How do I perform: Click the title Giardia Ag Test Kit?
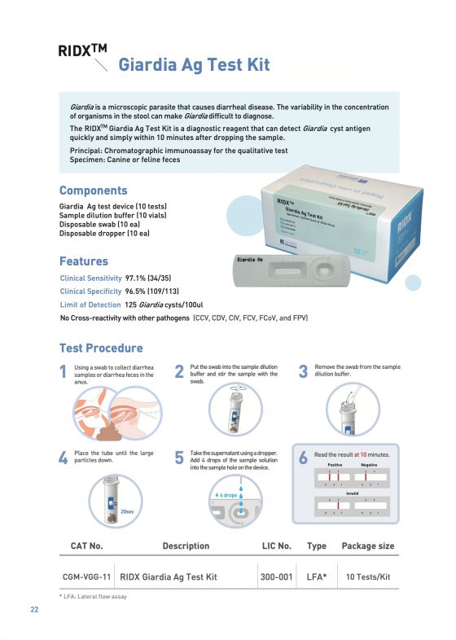click(x=194, y=64)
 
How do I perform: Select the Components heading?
click(x=93, y=191)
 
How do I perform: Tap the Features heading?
click(x=83, y=261)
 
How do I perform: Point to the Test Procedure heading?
click(x=101, y=348)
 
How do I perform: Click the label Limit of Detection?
click(x=90, y=304)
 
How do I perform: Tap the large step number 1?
click(x=64, y=372)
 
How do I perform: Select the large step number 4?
click(x=64, y=458)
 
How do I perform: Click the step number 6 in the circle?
click(x=303, y=458)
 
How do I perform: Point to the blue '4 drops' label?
click(x=227, y=495)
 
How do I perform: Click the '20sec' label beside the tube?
click(x=127, y=511)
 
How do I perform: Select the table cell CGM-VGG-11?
click(x=87, y=576)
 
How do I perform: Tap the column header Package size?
click(x=367, y=546)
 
